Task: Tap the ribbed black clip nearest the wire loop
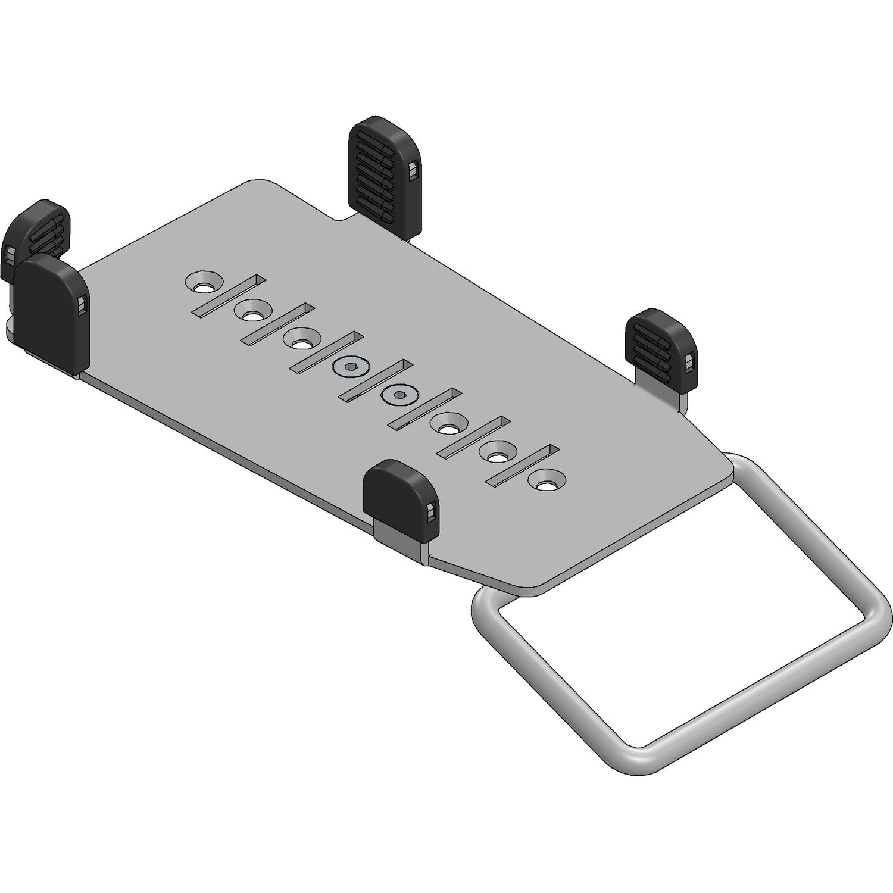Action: [x=661, y=345]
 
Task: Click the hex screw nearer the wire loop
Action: [x=397, y=394]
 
